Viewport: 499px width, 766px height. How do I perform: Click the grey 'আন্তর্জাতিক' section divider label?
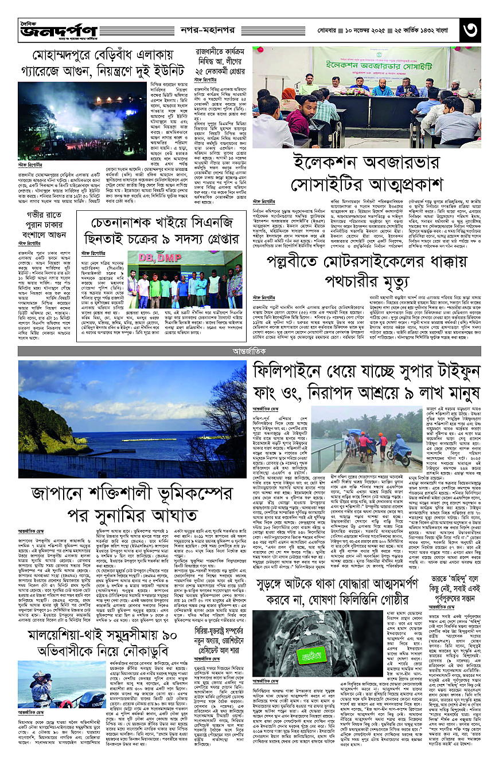249,348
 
